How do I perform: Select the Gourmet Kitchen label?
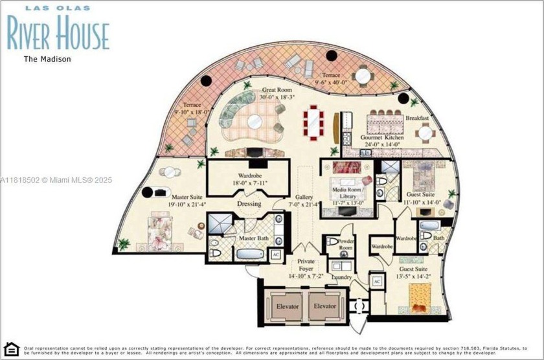(382, 138)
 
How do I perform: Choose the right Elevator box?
(325, 306)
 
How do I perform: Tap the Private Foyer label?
(306, 266)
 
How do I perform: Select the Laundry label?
(341, 277)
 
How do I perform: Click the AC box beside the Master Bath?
(275, 254)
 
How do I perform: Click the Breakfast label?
(417, 118)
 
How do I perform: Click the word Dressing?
(249, 204)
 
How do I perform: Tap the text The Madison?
(47, 59)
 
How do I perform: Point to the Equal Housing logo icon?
(11, 350)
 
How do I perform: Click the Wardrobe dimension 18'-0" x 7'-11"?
(249, 183)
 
